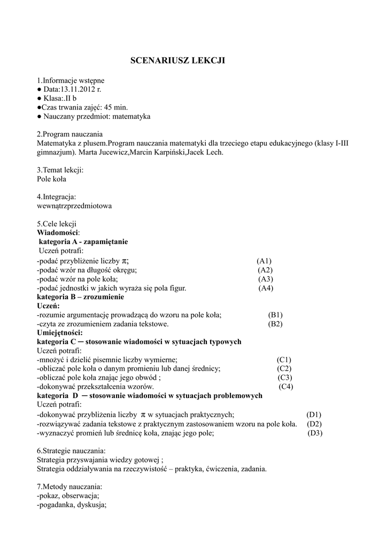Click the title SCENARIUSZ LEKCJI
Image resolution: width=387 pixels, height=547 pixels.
pos(178,61)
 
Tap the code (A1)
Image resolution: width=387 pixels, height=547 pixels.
pos(264,261)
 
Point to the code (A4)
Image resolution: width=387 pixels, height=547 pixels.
pos(266,288)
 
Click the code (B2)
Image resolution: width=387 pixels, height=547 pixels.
pos(275,324)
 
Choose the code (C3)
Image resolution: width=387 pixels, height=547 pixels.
pos(284,378)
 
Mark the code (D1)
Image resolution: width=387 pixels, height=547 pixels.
pos(314,415)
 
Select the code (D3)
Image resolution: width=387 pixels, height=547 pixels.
pos(315,433)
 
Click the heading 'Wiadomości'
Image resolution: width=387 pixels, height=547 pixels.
pos(58,233)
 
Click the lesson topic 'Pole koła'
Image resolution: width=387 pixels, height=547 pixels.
pos(52,179)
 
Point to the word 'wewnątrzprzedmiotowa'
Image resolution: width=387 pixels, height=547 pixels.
pos(74,206)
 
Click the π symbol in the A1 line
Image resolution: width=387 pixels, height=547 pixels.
pos(125,261)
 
